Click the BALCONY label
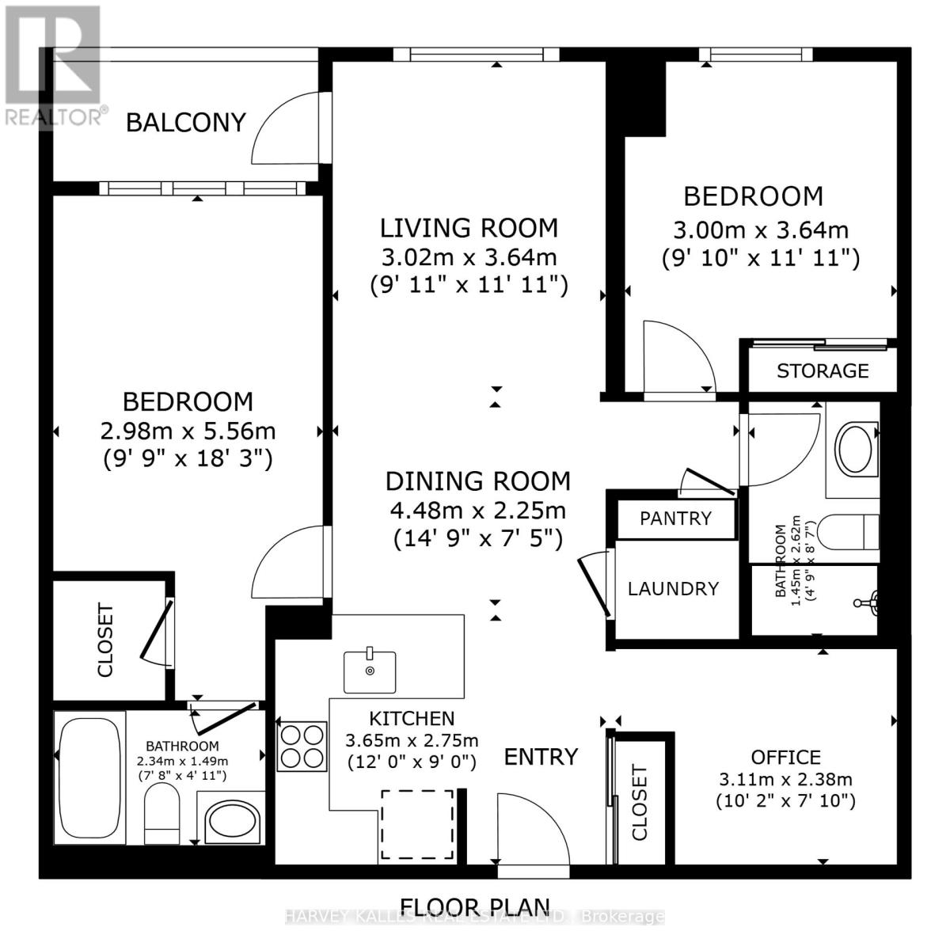(x=186, y=123)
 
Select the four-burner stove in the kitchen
(x=302, y=746)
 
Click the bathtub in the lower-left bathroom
(x=89, y=777)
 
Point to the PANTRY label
(x=675, y=519)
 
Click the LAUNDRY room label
(x=673, y=588)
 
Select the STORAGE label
(x=823, y=370)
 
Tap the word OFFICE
(x=785, y=757)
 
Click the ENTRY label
(x=541, y=757)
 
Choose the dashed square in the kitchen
(x=418, y=825)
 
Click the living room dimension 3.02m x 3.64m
(x=469, y=257)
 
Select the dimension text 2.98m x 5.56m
(x=188, y=431)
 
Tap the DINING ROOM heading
(x=477, y=481)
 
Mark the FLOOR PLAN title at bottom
(x=475, y=906)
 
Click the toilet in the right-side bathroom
(x=847, y=532)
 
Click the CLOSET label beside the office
(x=640, y=802)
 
